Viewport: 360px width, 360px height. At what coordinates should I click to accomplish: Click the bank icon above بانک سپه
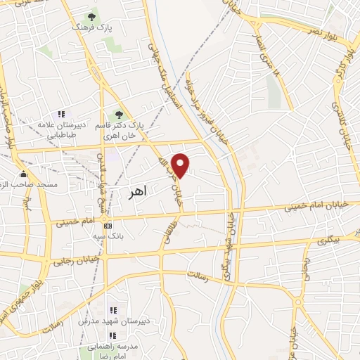coord(108,226)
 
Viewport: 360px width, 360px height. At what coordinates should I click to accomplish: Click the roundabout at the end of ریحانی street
coord(300,303)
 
